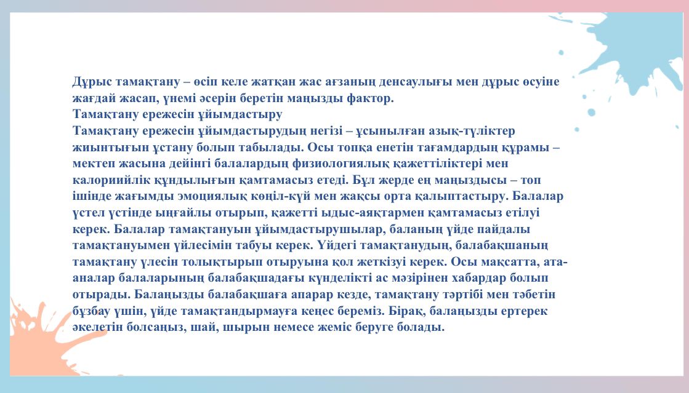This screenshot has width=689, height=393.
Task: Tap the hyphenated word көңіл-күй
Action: tap(283, 196)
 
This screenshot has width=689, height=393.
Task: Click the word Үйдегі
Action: tap(339, 245)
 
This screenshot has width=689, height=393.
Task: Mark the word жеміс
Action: tap(332, 328)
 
